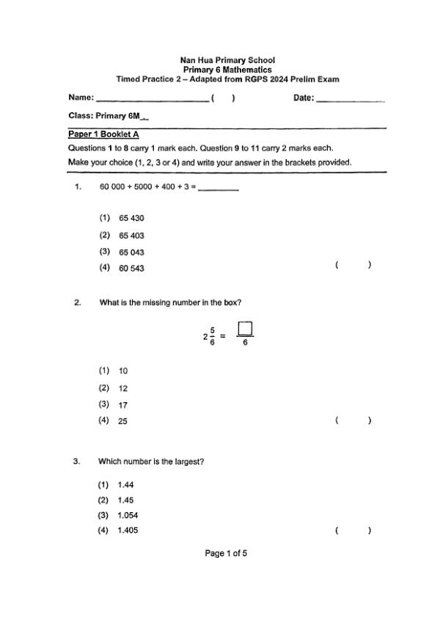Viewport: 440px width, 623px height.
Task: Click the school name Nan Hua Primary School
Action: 227,60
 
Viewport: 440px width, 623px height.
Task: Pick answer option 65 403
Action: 131,236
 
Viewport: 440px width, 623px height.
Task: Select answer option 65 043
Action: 131,252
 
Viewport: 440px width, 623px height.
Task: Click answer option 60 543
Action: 131,269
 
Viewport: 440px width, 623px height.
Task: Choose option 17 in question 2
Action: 123,405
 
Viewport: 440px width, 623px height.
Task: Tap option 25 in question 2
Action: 123,422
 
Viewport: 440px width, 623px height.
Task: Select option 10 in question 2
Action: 123,371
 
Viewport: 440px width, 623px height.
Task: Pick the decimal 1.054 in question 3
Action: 128,515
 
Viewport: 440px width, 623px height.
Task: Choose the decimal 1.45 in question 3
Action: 125,500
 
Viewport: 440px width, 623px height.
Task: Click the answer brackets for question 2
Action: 353,420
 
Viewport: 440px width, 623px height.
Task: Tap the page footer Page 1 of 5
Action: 226,553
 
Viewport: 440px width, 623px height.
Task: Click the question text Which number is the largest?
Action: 151,462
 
